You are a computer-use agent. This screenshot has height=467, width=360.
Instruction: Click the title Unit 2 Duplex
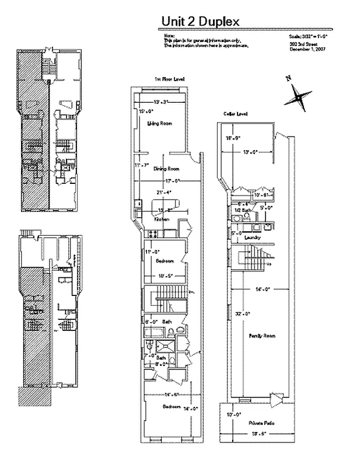tap(200, 22)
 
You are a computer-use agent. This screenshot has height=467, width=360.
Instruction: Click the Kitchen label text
tap(162, 219)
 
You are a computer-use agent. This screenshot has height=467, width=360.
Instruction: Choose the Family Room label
tap(262, 336)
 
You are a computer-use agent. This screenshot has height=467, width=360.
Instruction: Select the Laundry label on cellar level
tap(253, 238)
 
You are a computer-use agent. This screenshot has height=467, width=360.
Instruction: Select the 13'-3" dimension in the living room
tap(162, 102)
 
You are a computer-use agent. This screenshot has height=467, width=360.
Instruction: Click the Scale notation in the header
tap(307, 36)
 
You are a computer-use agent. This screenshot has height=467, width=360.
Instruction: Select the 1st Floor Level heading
tap(166, 78)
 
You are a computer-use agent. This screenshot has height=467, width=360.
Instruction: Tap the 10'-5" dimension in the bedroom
tap(165, 275)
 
